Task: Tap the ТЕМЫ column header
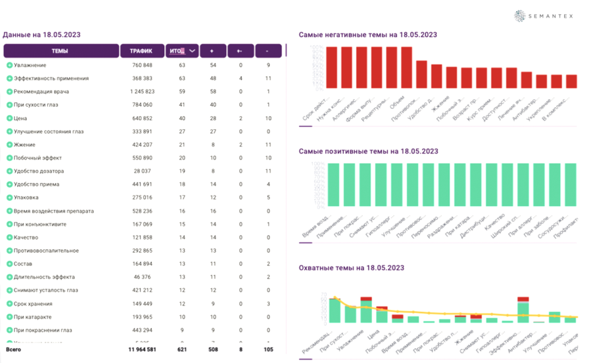(60, 51)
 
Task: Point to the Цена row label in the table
(20, 118)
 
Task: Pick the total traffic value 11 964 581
(137, 350)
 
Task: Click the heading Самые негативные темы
(367, 35)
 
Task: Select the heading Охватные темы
(351, 268)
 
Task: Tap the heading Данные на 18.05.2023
(41, 35)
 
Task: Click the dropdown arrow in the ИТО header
(192, 51)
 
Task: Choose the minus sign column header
(267, 51)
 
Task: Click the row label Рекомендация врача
(41, 92)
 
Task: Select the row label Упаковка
(26, 198)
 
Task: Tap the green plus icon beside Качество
(9, 238)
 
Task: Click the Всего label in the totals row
(13, 350)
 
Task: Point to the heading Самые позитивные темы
(368, 152)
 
